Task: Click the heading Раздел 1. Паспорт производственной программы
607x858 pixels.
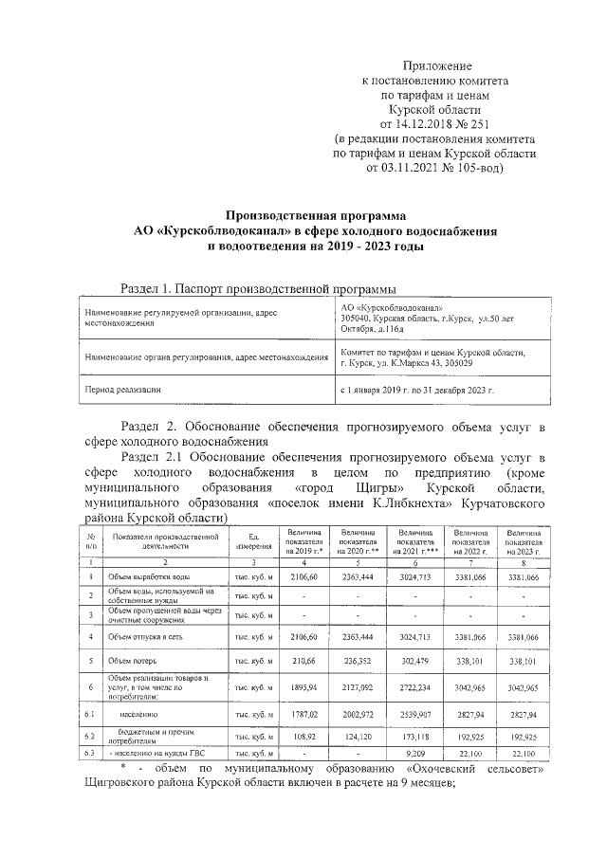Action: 259,288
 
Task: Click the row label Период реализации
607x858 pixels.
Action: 123,390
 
